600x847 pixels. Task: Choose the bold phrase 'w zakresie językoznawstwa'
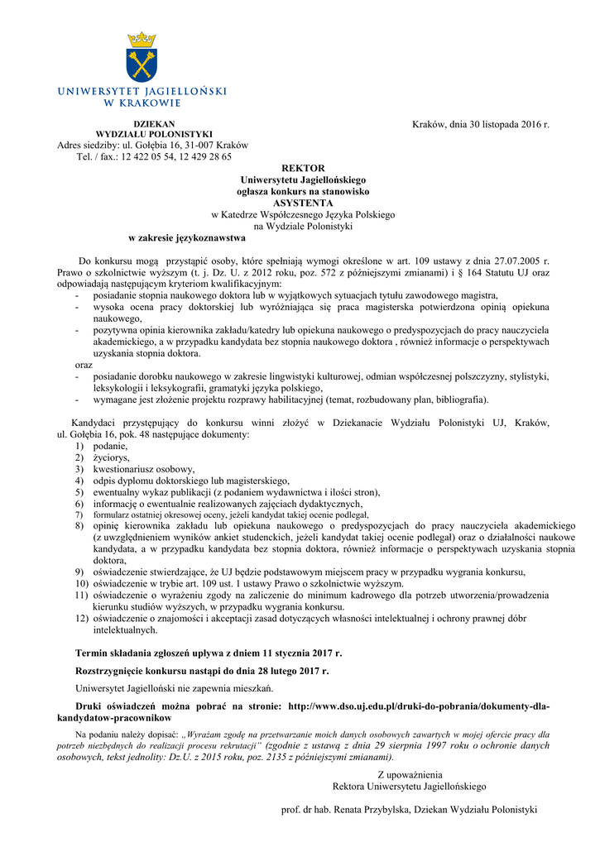tap(181, 237)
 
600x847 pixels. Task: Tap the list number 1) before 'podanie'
tap(80, 446)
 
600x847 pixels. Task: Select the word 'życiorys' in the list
tap(111, 457)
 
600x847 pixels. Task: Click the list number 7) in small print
tap(80, 514)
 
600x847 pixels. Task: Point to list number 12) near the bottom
tap(82, 618)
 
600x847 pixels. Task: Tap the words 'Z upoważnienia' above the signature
tap(409, 774)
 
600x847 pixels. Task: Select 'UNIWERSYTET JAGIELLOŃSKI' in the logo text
tap(142, 92)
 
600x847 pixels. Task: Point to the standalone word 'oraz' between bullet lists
tap(84, 365)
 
